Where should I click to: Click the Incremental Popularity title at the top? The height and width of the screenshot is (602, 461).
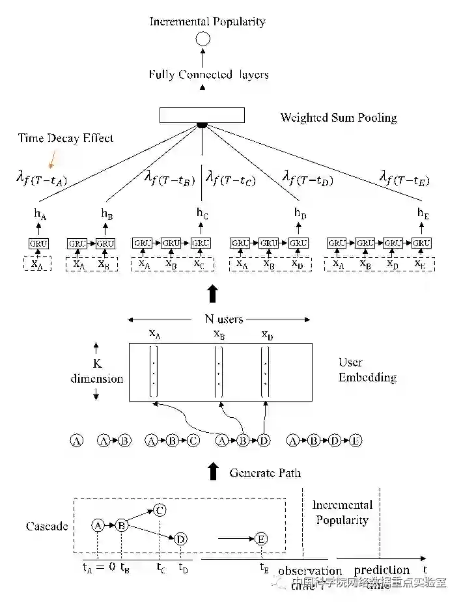tap(207, 21)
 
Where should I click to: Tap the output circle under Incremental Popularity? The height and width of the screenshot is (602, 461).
tap(203, 39)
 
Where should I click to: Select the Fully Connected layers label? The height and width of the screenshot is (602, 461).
tap(208, 75)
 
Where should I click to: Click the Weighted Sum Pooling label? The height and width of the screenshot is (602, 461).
tap(338, 118)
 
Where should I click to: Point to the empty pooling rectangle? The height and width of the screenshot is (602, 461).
tap(202, 115)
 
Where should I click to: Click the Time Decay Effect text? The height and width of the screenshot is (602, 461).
tap(65, 138)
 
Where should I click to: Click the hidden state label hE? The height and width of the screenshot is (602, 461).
tap(423, 212)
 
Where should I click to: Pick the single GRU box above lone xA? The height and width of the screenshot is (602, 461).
tap(38, 243)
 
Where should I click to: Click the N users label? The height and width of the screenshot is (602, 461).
tap(219, 319)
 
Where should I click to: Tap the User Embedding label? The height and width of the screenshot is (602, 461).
tap(367, 370)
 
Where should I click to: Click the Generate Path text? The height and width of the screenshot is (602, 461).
tap(265, 472)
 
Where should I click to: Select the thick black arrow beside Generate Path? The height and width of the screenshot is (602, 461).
tap(212, 471)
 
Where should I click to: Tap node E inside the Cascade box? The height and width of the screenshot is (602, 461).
tap(260, 539)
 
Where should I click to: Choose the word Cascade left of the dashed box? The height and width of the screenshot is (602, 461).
tap(47, 526)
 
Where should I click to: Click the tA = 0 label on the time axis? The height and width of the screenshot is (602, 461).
tap(98, 567)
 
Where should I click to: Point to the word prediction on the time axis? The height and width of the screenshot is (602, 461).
tap(381, 570)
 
